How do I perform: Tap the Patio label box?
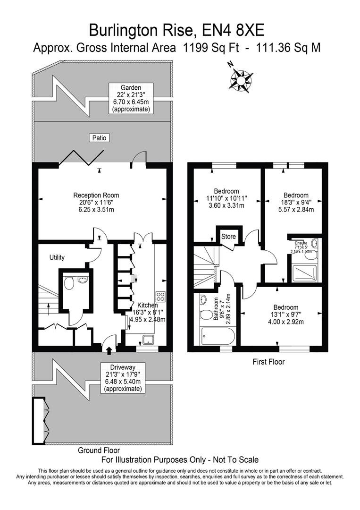click(x=99, y=138)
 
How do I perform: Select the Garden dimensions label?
click(x=131, y=98)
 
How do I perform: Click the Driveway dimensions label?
click(x=123, y=378)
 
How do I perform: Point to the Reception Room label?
click(x=96, y=202)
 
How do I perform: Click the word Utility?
click(x=57, y=257)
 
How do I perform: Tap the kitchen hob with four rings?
click(x=160, y=297)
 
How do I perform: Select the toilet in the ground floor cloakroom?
click(x=69, y=284)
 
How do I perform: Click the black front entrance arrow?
click(x=109, y=350)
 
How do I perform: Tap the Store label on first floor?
click(x=228, y=237)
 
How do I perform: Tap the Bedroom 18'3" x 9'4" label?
click(x=296, y=202)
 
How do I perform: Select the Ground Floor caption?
click(x=99, y=450)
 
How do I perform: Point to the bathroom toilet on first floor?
click(x=206, y=315)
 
